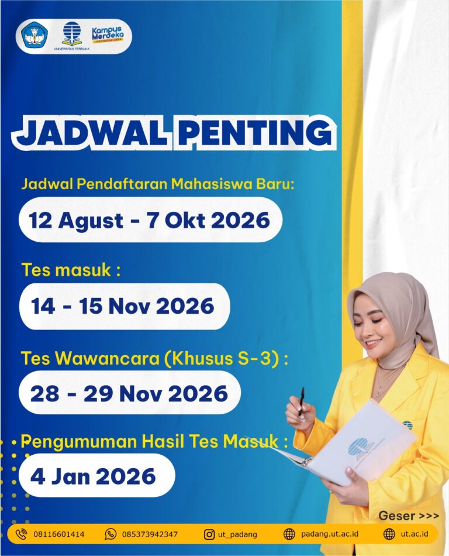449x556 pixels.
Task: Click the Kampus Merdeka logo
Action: pyautogui.click(x=108, y=35)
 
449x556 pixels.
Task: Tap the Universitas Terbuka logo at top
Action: pyautogui.click(x=71, y=36)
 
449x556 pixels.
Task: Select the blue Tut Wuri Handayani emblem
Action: pyautogui.click(x=34, y=36)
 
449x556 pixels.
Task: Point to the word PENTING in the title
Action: pyautogui.click(x=255, y=132)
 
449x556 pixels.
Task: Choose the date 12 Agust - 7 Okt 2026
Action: pyautogui.click(x=150, y=220)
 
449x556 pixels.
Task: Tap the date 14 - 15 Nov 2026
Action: pyautogui.click(x=123, y=306)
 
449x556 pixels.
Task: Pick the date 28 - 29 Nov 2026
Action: pyautogui.click(x=129, y=394)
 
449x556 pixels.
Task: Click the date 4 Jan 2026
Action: pyautogui.click(x=93, y=476)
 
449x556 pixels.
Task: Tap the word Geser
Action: pyautogui.click(x=396, y=516)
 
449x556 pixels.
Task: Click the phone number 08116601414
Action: pyautogui.click(x=59, y=534)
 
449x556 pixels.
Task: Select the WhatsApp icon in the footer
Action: pyautogui.click(x=110, y=534)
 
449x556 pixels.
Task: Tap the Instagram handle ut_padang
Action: pyautogui.click(x=237, y=534)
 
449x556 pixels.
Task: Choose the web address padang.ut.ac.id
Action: pyautogui.click(x=330, y=534)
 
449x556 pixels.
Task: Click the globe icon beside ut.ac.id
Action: pyautogui.click(x=389, y=534)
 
